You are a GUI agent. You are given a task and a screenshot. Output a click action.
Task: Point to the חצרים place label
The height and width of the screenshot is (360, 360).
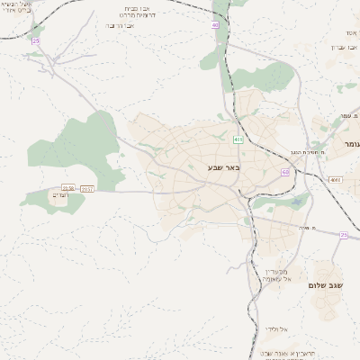click(x=60, y=194)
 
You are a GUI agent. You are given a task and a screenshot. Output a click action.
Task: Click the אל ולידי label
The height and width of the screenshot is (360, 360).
click(x=277, y=329)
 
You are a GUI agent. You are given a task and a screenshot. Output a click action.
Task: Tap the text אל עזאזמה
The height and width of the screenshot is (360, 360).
click(x=278, y=279)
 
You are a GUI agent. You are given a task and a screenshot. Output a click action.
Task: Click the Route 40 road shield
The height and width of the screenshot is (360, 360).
click(x=216, y=25)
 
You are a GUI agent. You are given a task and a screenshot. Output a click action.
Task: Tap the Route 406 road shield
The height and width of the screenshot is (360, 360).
click(x=238, y=139)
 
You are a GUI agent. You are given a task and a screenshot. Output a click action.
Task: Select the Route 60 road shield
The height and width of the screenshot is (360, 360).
click(x=284, y=172)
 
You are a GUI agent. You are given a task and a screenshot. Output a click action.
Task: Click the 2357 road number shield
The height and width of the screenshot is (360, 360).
click(x=87, y=188)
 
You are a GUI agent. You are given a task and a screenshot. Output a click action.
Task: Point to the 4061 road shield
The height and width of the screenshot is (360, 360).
click(x=336, y=180)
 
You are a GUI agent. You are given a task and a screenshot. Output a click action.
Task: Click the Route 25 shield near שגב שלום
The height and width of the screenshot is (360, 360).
click(x=343, y=234)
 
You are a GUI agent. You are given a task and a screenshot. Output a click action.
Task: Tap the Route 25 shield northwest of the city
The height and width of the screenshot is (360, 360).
click(x=36, y=40)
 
